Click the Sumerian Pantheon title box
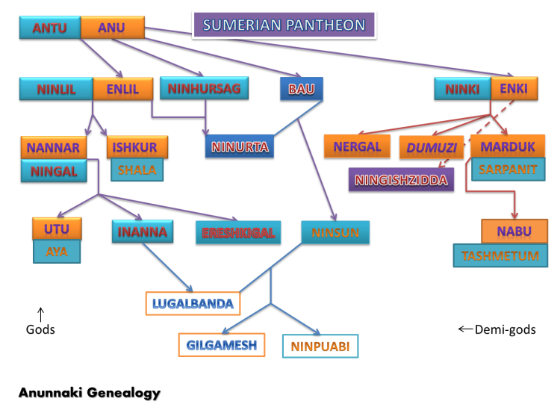(x=284, y=25)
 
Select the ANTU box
(x=49, y=28)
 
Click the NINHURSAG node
(x=205, y=89)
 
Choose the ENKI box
(x=514, y=89)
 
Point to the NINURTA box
(x=240, y=146)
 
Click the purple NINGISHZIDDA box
(x=401, y=180)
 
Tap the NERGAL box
(x=358, y=146)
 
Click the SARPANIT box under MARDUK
(x=508, y=169)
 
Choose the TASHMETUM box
(x=500, y=255)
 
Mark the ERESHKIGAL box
(x=237, y=233)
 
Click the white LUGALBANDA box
(x=193, y=303)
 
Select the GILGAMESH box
(x=222, y=345)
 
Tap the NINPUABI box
(x=320, y=346)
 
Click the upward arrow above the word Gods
(x=41, y=314)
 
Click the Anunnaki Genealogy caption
(x=90, y=392)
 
